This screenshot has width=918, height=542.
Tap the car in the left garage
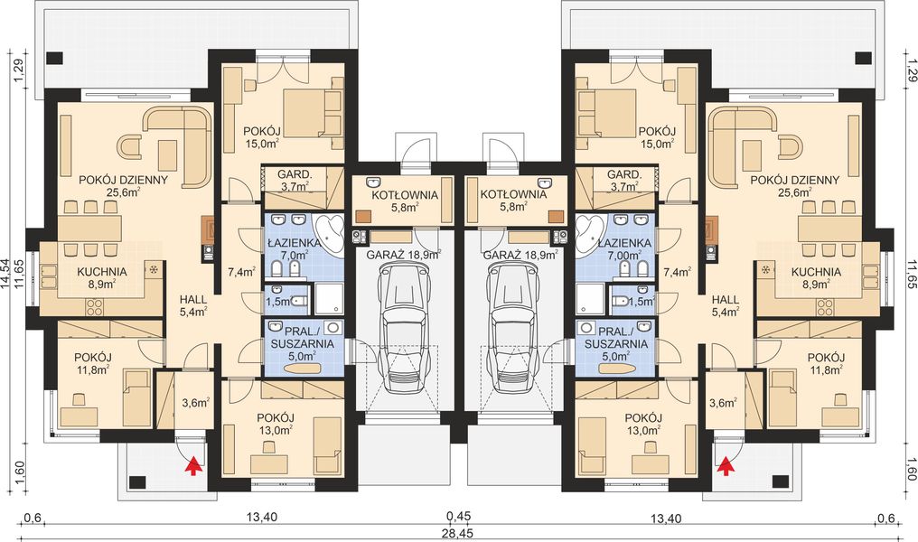pyautogui.click(x=405, y=327)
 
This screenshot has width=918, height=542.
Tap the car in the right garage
pyautogui.click(x=513, y=327)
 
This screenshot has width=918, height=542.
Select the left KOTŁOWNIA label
pyautogui.click(x=404, y=195)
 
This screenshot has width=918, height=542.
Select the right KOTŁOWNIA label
pyautogui.click(x=513, y=195)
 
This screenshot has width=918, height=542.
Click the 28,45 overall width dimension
pyautogui.click(x=459, y=533)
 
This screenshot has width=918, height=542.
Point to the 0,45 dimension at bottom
pyautogui.click(x=459, y=516)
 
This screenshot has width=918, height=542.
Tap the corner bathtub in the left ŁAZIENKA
pyautogui.click(x=329, y=234)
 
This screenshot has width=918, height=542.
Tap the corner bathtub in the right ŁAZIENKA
pyautogui.click(x=590, y=234)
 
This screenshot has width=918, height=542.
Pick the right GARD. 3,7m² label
pyautogui.click(x=624, y=181)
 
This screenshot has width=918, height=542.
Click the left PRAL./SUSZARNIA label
pyautogui.click(x=302, y=338)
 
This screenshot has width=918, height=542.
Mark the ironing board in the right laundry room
pyautogui.click(x=616, y=369)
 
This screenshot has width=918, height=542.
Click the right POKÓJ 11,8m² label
pyautogui.click(x=825, y=363)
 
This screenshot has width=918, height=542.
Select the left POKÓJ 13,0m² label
pyautogui.click(x=276, y=425)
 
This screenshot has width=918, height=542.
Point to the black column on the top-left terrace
pyautogui.click(x=54, y=58)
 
